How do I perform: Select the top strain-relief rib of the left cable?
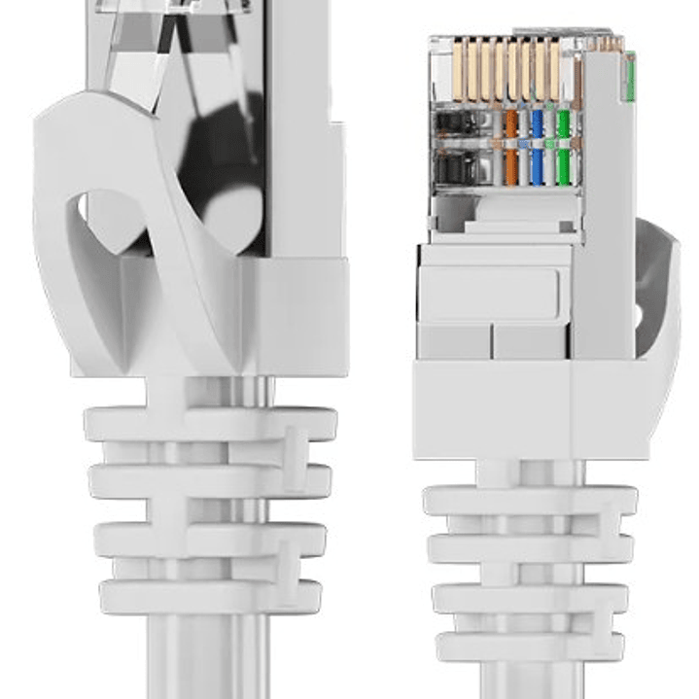(x=209, y=425)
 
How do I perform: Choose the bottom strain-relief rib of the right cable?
(x=530, y=647)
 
